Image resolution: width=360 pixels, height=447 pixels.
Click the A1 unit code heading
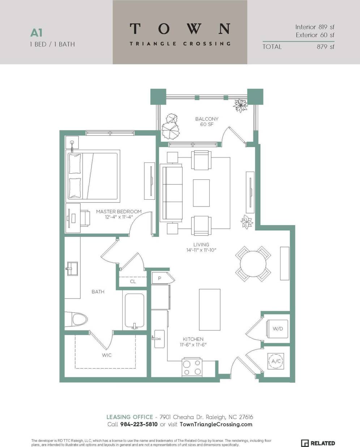pyautogui.click(x=37, y=33)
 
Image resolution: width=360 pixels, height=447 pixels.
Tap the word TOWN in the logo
pyautogui.click(x=180, y=29)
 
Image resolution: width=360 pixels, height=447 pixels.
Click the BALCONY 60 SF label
pyautogui.click(x=207, y=122)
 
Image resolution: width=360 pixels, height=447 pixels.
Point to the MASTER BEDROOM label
pyautogui.click(x=119, y=212)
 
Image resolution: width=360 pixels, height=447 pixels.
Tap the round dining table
pyautogui.click(x=253, y=264)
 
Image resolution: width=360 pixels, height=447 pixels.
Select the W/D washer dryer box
pyautogui.click(x=278, y=329)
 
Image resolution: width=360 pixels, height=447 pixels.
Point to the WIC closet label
pyautogui.click(x=107, y=355)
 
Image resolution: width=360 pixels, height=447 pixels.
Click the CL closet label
pyautogui.click(x=133, y=281)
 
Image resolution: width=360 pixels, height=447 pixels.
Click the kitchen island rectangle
pyautogui.click(x=210, y=309)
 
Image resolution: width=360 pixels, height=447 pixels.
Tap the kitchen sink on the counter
pyautogui.click(x=159, y=339)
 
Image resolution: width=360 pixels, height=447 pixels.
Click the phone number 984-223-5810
pyautogui.click(x=139, y=424)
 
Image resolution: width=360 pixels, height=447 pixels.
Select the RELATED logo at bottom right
pyautogui.click(x=318, y=443)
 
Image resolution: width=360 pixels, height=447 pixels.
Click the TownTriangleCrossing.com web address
pyautogui.click(x=216, y=424)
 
